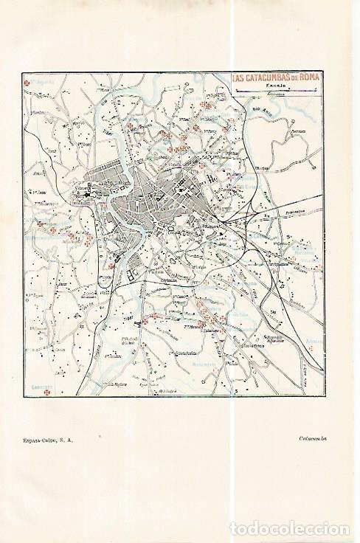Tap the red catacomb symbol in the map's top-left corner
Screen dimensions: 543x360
point(28,83)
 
